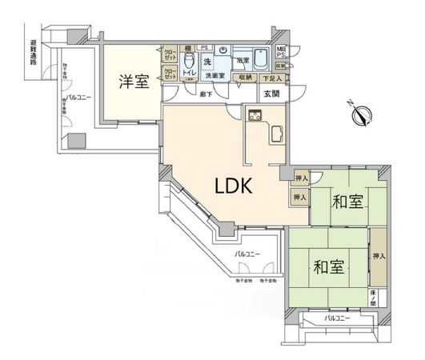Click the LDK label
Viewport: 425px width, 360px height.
[x=233, y=186]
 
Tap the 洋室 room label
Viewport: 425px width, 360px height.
[x=134, y=82]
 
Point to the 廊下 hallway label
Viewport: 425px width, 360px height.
[x=204, y=94]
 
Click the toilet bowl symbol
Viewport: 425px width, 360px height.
[x=190, y=62]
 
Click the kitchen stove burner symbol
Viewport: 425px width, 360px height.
[x=255, y=118]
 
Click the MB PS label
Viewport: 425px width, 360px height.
[x=280, y=53]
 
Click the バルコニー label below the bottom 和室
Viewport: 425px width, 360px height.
[x=337, y=318]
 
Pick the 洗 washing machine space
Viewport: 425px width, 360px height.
[x=206, y=61]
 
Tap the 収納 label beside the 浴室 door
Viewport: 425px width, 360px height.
[x=245, y=77]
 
